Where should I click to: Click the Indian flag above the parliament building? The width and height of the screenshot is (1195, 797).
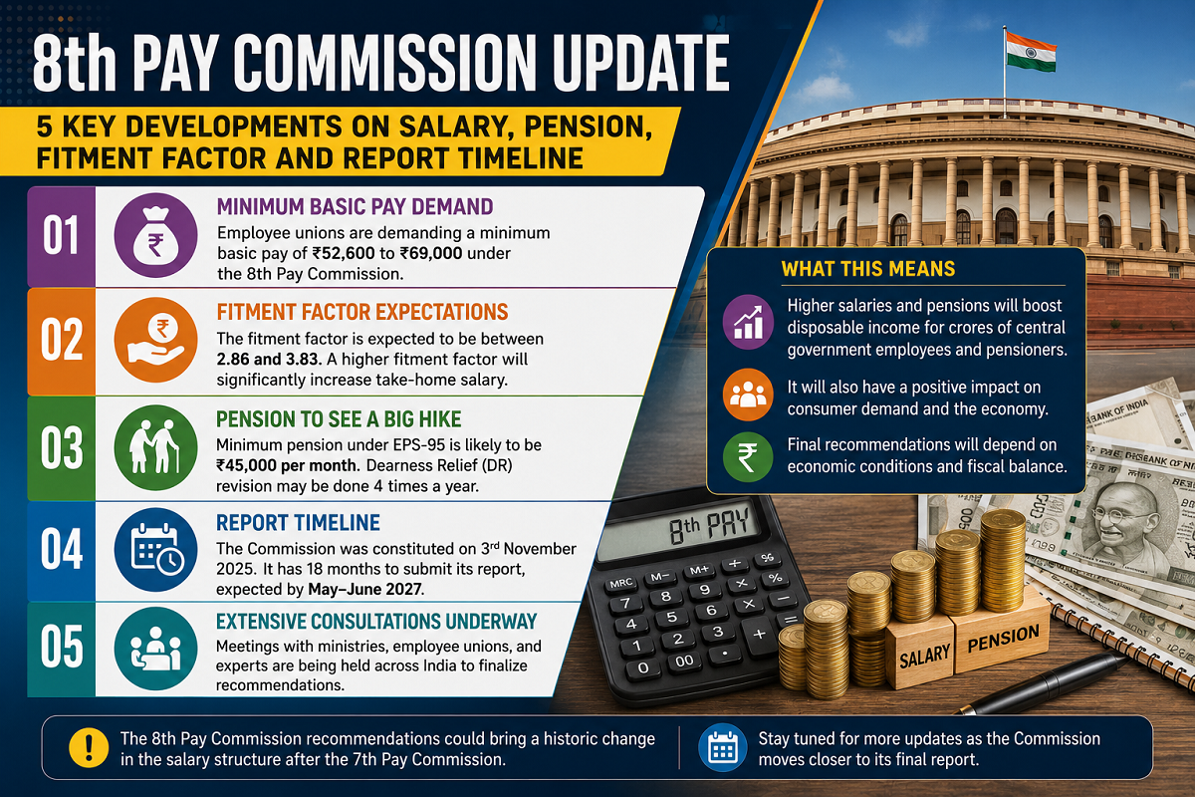[x=1031, y=54]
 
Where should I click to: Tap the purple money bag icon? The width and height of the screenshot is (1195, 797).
[x=155, y=235]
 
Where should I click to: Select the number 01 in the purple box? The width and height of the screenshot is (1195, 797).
[x=61, y=235]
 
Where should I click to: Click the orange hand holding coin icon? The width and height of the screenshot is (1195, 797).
[x=155, y=340]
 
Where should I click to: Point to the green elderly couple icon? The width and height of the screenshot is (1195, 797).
[x=155, y=447]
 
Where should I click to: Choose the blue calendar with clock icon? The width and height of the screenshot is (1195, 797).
[x=155, y=550]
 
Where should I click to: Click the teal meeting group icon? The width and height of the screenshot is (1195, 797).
[x=155, y=649]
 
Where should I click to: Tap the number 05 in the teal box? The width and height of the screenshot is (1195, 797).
[x=62, y=647]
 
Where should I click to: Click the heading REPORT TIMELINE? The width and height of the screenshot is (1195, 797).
[x=298, y=523]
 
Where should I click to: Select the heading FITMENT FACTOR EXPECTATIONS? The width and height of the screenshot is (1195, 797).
[x=362, y=312]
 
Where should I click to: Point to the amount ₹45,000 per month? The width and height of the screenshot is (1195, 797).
[x=287, y=465]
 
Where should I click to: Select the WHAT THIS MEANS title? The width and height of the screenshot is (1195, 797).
[x=868, y=269]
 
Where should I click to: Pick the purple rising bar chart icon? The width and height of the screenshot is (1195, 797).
[x=748, y=322]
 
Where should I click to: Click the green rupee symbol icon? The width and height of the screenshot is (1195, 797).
[x=748, y=457]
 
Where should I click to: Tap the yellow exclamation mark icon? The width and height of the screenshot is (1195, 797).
[x=89, y=748]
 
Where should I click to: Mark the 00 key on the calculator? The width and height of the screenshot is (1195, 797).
[x=684, y=662]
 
